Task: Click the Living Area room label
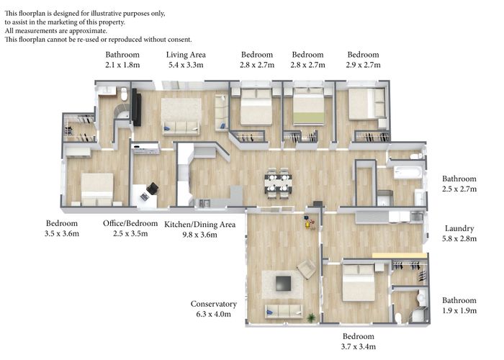coord(186,55)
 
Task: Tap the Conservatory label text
coord(213,304)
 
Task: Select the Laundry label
coord(459,228)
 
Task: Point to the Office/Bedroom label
coord(130,223)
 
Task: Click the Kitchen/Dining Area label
coord(200,225)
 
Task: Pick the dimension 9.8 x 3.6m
coord(200,235)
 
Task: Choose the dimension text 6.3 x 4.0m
coord(213,314)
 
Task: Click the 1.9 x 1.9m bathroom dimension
coord(459,310)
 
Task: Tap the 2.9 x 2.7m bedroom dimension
coord(363,65)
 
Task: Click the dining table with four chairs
coord(279,183)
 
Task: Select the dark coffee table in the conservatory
coord(284,284)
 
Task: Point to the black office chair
coord(153,189)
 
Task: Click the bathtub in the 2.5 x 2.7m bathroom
coord(408,172)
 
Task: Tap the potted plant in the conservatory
coord(311,318)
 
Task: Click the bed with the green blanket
coord(308,106)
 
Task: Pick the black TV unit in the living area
coord(136,107)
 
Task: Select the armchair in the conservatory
coord(306,269)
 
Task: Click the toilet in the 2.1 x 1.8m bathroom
coord(125,94)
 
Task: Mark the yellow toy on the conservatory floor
coord(309,224)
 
